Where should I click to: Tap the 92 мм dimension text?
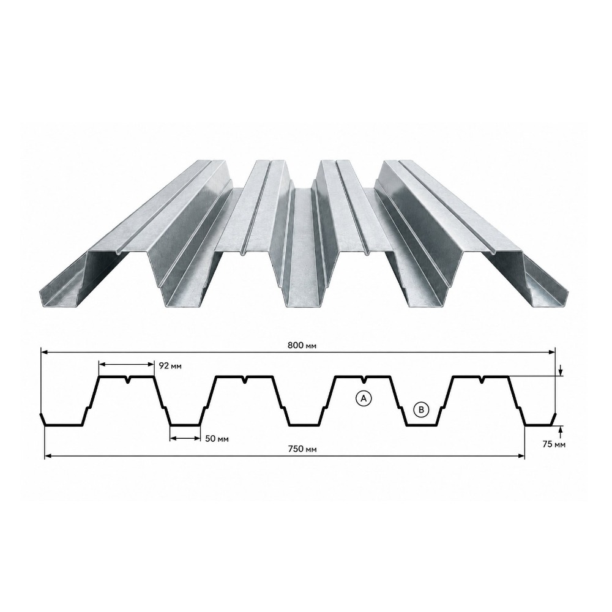(x=171, y=366)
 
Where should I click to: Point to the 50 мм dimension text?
(x=217, y=439)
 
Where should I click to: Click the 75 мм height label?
(x=554, y=444)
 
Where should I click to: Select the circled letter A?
(x=364, y=398)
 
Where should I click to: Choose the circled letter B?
(x=421, y=409)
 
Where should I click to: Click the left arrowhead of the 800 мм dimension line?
(x=45, y=353)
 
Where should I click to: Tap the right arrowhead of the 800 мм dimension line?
(x=551, y=353)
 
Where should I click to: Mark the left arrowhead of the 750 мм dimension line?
(x=48, y=455)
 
